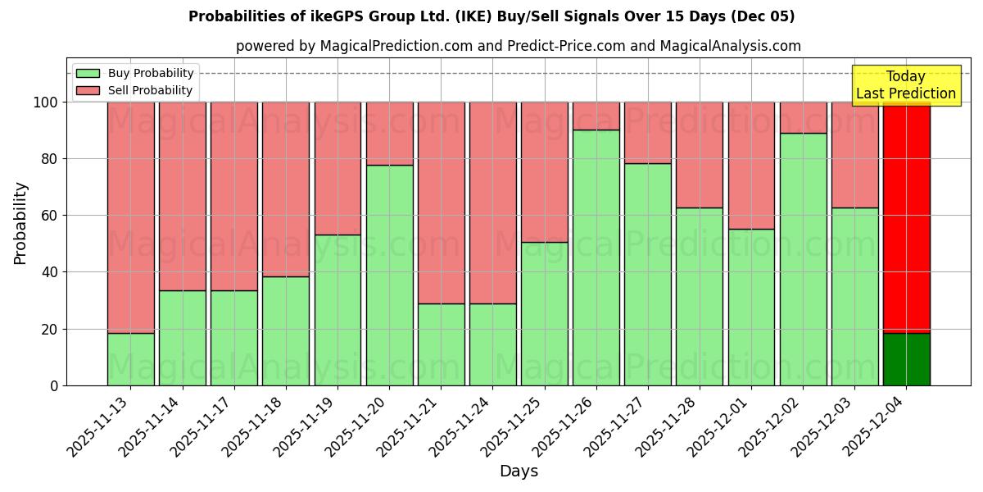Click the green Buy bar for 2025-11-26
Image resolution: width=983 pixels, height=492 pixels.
coord(596,257)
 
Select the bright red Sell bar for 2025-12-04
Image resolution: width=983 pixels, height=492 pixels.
coord(907,217)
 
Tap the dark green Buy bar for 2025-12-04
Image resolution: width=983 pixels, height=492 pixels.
coord(907,359)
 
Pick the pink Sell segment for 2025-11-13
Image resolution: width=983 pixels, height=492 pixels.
coord(131,217)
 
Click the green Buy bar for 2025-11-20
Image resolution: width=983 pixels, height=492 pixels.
coord(389,275)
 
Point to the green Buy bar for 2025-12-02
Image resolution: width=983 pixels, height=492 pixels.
coord(804,259)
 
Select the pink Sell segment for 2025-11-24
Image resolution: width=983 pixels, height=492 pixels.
coord(493,203)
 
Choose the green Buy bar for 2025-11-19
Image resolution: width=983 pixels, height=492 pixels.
coord(337,310)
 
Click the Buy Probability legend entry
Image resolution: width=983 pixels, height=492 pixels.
coord(135,73)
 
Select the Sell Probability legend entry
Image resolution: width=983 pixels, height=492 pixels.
coord(135,90)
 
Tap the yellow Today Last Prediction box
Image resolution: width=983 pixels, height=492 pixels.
coord(905,85)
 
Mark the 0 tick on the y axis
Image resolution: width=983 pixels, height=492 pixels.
coord(54,385)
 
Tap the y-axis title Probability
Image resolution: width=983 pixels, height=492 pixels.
coord(20,223)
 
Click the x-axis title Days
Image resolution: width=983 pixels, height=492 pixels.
coord(519,471)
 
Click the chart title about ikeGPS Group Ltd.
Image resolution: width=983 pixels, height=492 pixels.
coord(491,16)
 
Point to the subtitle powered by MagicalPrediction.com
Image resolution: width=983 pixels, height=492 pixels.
coord(519,46)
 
